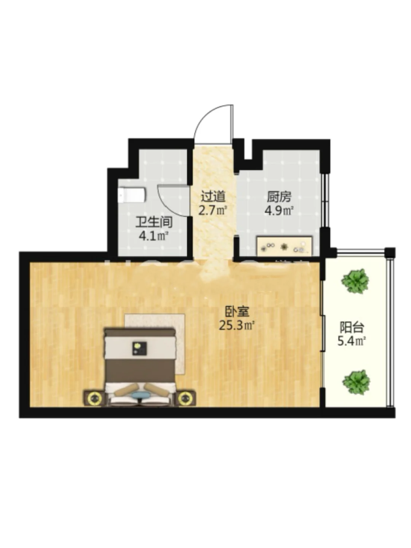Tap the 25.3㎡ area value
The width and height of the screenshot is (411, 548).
pos(237,325)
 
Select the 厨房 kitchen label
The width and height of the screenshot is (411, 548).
pos(279,197)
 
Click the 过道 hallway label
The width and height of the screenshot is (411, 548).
pos(213,197)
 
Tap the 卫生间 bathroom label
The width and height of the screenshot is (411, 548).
pos(154,222)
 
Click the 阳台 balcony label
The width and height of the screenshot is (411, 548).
pos(352,327)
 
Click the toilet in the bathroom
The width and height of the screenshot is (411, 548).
pos(132,195)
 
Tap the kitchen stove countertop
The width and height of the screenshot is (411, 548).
pos(284,246)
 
